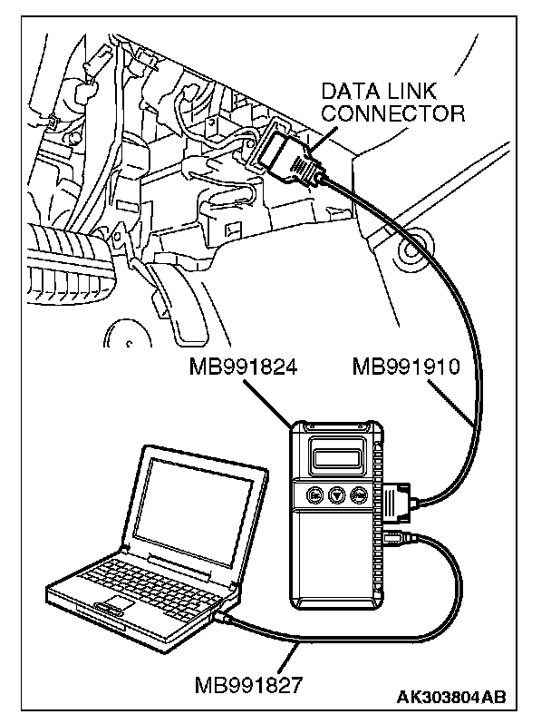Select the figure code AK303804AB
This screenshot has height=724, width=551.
coord(449,698)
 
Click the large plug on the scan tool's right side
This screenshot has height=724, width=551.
coord(400,502)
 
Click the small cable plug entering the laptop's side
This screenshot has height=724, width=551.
coord(223,617)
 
